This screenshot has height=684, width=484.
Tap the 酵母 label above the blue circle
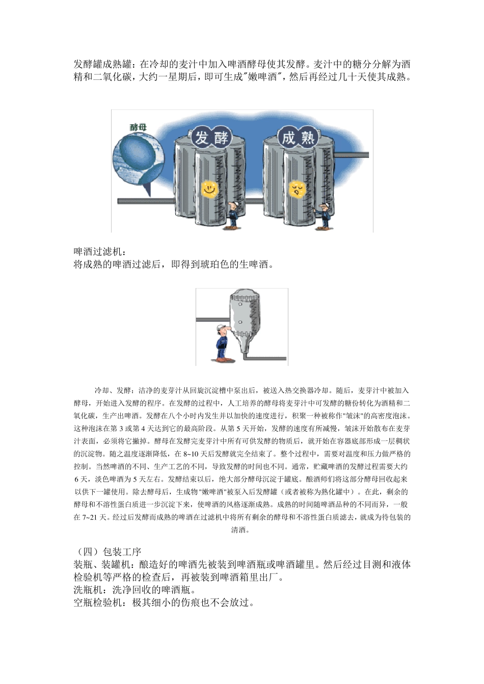(137, 127)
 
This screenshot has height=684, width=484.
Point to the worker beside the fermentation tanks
(232, 214)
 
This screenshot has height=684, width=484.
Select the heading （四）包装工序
(107, 552)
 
